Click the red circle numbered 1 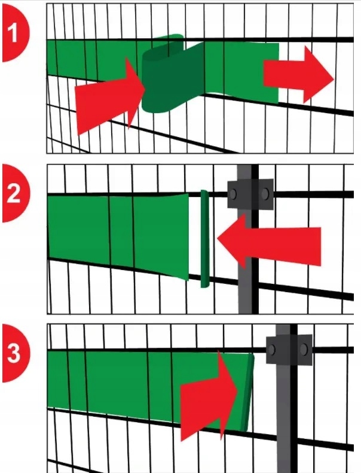(15, 33)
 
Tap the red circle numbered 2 (15, 193)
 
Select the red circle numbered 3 (15, 353)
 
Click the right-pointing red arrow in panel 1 (299, 75)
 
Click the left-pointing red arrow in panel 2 (269, 243)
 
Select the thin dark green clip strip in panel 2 (205, 239)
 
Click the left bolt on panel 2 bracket (232, 194)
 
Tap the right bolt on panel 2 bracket (265, 194)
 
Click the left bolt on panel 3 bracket (271, 350)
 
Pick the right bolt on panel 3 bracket (304, 349)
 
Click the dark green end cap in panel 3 (247, 393)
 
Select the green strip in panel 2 (118, 236)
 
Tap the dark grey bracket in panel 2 (250, 194)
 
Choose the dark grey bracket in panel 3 (289, 349)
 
